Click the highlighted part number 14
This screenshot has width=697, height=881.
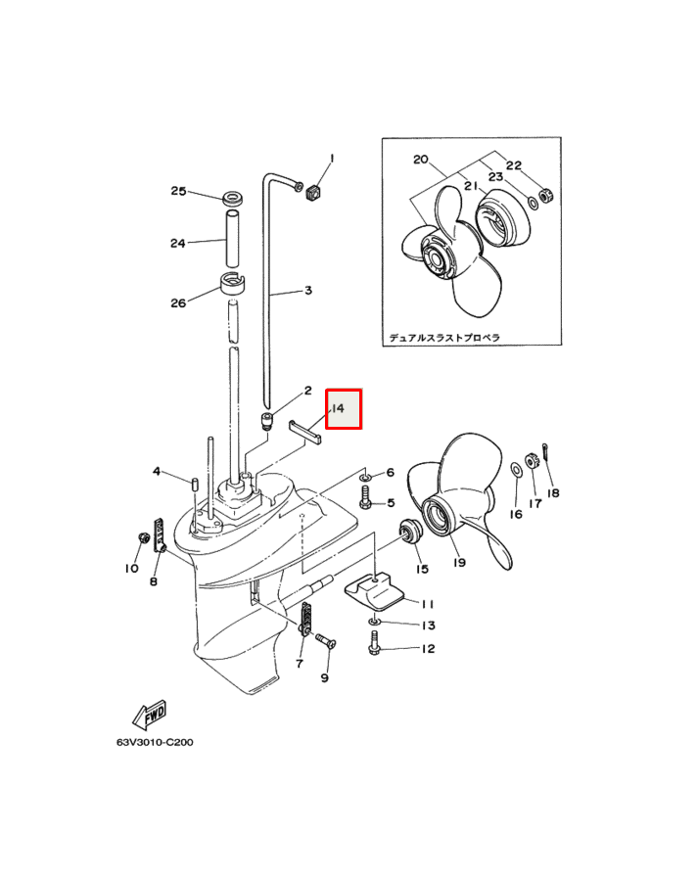coord(344,408)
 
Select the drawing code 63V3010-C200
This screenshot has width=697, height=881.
coord(155,742)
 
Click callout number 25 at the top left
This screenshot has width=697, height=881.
coord(178,191)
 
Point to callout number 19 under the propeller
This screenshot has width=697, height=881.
coord(458,562)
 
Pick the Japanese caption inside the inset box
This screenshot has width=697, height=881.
coord(444,337)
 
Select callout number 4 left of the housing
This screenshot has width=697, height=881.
coord(156,472)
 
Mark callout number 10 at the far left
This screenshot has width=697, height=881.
coord(131,568)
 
